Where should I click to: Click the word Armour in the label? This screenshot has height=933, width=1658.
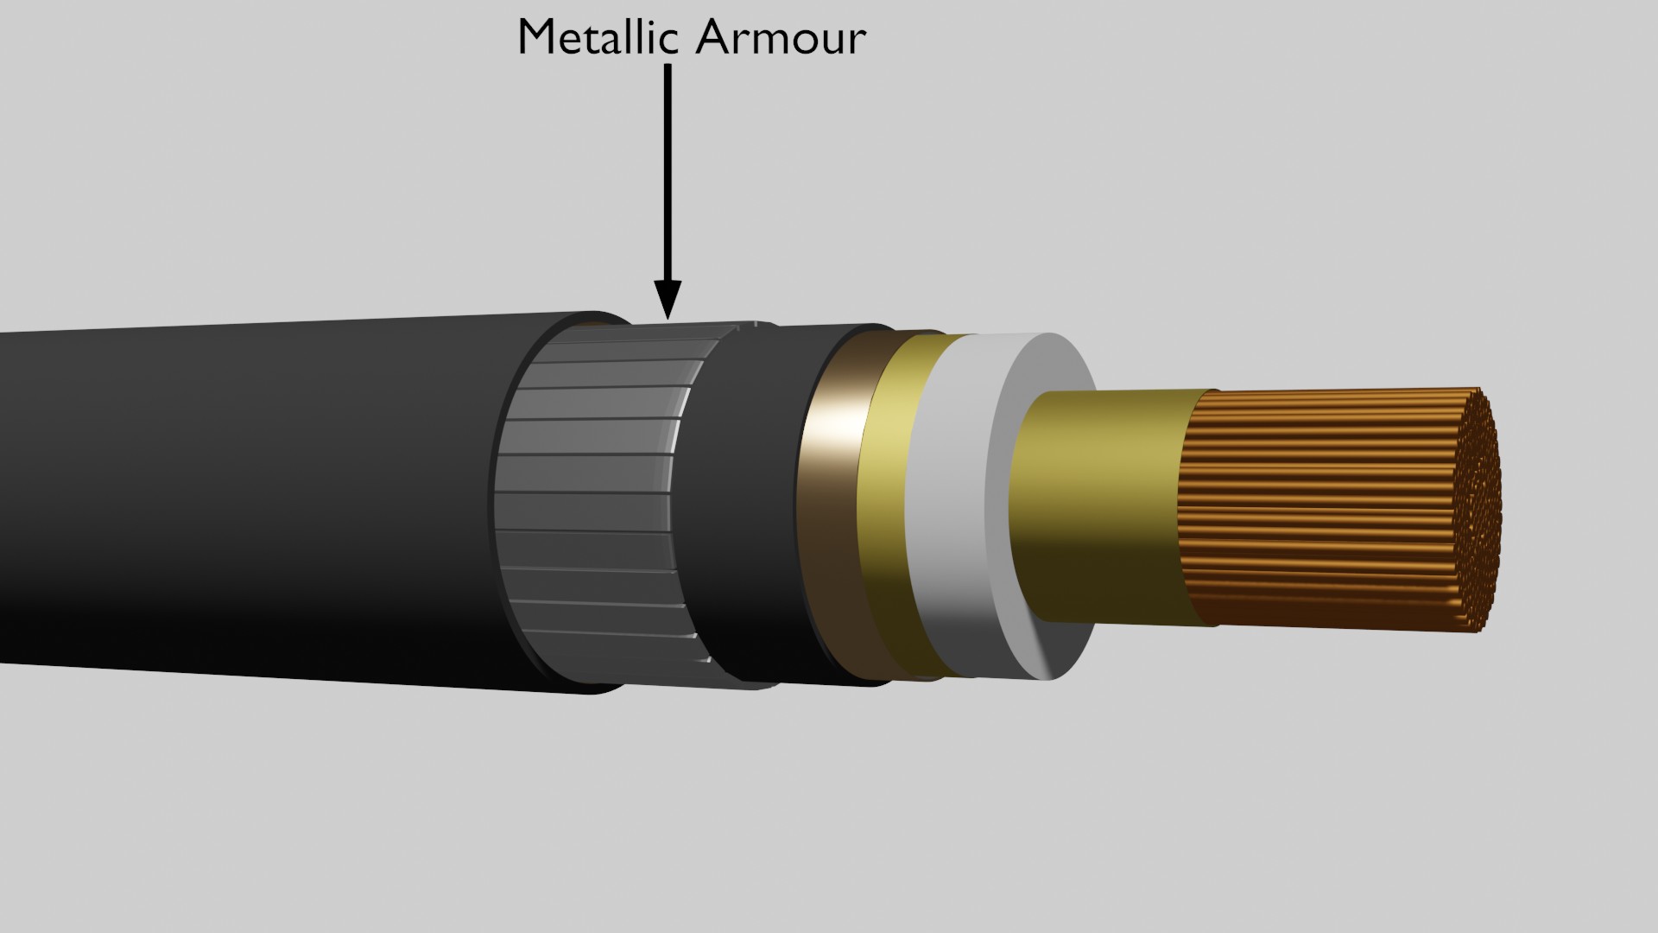click(x=780, y=38)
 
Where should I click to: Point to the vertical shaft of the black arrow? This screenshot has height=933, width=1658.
click(x=668, y=173)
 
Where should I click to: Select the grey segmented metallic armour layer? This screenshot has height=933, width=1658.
click(x=596, y=501)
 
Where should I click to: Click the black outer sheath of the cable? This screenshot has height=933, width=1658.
click(x=259, y=501)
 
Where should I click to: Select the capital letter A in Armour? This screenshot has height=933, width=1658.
click(x=713, y=38)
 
